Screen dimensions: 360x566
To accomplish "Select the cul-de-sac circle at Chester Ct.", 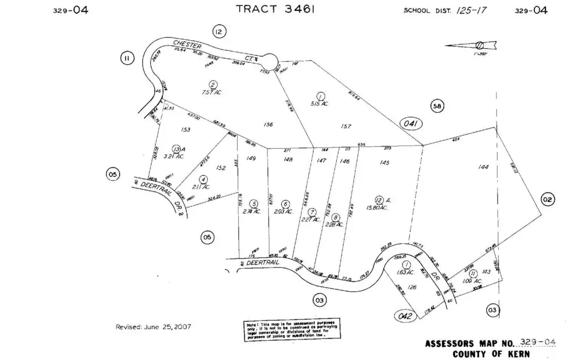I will (x=269, y=59).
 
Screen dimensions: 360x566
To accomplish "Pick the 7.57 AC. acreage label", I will (x=212, y=93).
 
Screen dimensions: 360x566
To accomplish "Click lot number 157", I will (x=346, y=127).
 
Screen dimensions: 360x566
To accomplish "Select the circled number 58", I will (x=437, y=107).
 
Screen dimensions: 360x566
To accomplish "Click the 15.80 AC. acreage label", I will (x=377, y=208).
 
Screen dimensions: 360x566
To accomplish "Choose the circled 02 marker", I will (x=547, y=200).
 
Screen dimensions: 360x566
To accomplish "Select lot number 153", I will (x=185, y=130).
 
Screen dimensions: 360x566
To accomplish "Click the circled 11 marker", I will (x=127, y=58).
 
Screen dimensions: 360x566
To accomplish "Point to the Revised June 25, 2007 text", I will (x=153, y=327).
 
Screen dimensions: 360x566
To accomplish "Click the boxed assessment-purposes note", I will (x=292, y=328).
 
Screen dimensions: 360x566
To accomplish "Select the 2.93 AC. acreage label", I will (x=285, y=211).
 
